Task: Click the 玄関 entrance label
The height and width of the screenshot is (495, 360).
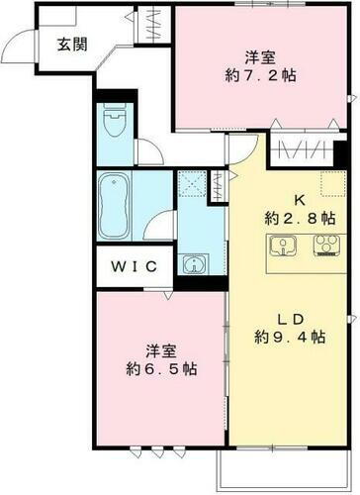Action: point(69,44)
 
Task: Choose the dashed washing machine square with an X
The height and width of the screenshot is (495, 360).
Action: point(191,184)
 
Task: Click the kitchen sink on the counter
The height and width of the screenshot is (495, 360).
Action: point(282,247)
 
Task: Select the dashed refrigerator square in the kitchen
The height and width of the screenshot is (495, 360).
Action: point(330,182)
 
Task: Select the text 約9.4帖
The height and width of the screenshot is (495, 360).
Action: point(289,338)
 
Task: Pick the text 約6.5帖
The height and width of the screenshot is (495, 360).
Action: point(159,369)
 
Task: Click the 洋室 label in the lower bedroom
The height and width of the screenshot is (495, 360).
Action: point(159,349)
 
